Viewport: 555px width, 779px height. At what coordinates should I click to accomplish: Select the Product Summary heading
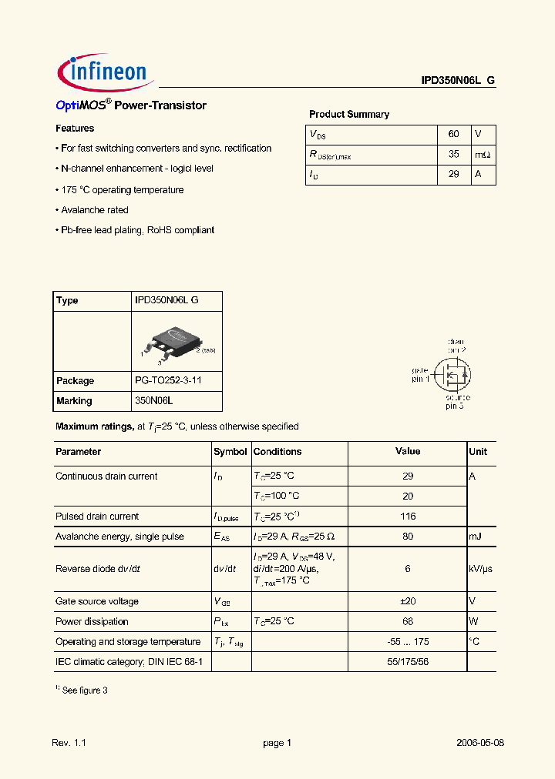click(349, 114)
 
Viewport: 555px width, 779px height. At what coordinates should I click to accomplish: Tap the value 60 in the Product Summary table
click(453, 134)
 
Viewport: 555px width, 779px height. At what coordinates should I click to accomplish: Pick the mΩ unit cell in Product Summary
click(483, 155)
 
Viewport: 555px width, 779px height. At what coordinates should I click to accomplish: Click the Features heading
click(75, 129)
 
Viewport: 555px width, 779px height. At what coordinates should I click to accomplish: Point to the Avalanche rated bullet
click(92, 209)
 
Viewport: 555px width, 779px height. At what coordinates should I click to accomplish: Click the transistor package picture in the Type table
click(176, 342)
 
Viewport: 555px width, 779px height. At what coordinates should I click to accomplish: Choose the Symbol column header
click(230, 452)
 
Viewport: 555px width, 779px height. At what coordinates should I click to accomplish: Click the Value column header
click(408, 452)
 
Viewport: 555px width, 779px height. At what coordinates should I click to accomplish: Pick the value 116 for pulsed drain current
click(408, 517)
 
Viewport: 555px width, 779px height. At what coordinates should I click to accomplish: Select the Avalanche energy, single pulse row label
click(119, 537)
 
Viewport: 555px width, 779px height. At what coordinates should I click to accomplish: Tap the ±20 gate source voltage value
click(408, 601)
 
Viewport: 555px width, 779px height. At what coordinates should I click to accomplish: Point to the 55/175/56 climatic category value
click(408, 661)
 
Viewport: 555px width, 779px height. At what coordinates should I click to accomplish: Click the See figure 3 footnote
click(82, 690)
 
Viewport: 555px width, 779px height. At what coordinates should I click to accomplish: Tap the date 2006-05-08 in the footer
click(479, 743)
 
